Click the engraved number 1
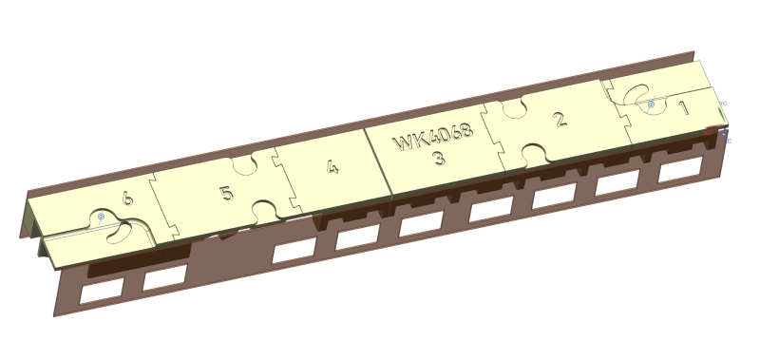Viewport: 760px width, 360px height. pos(684,108)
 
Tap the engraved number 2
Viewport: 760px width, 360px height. pos(560,119)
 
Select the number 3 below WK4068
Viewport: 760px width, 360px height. pos(439,158)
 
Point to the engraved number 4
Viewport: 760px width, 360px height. pos(332,167)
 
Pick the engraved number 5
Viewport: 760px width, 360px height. pos(227,194)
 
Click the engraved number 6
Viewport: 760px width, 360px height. pos(127,199)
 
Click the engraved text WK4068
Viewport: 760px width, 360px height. pos(433,137)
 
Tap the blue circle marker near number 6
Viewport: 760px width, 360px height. pos(101,217)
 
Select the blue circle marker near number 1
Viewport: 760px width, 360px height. pos(652,104)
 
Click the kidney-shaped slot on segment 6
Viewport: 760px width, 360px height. pos(121,233)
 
